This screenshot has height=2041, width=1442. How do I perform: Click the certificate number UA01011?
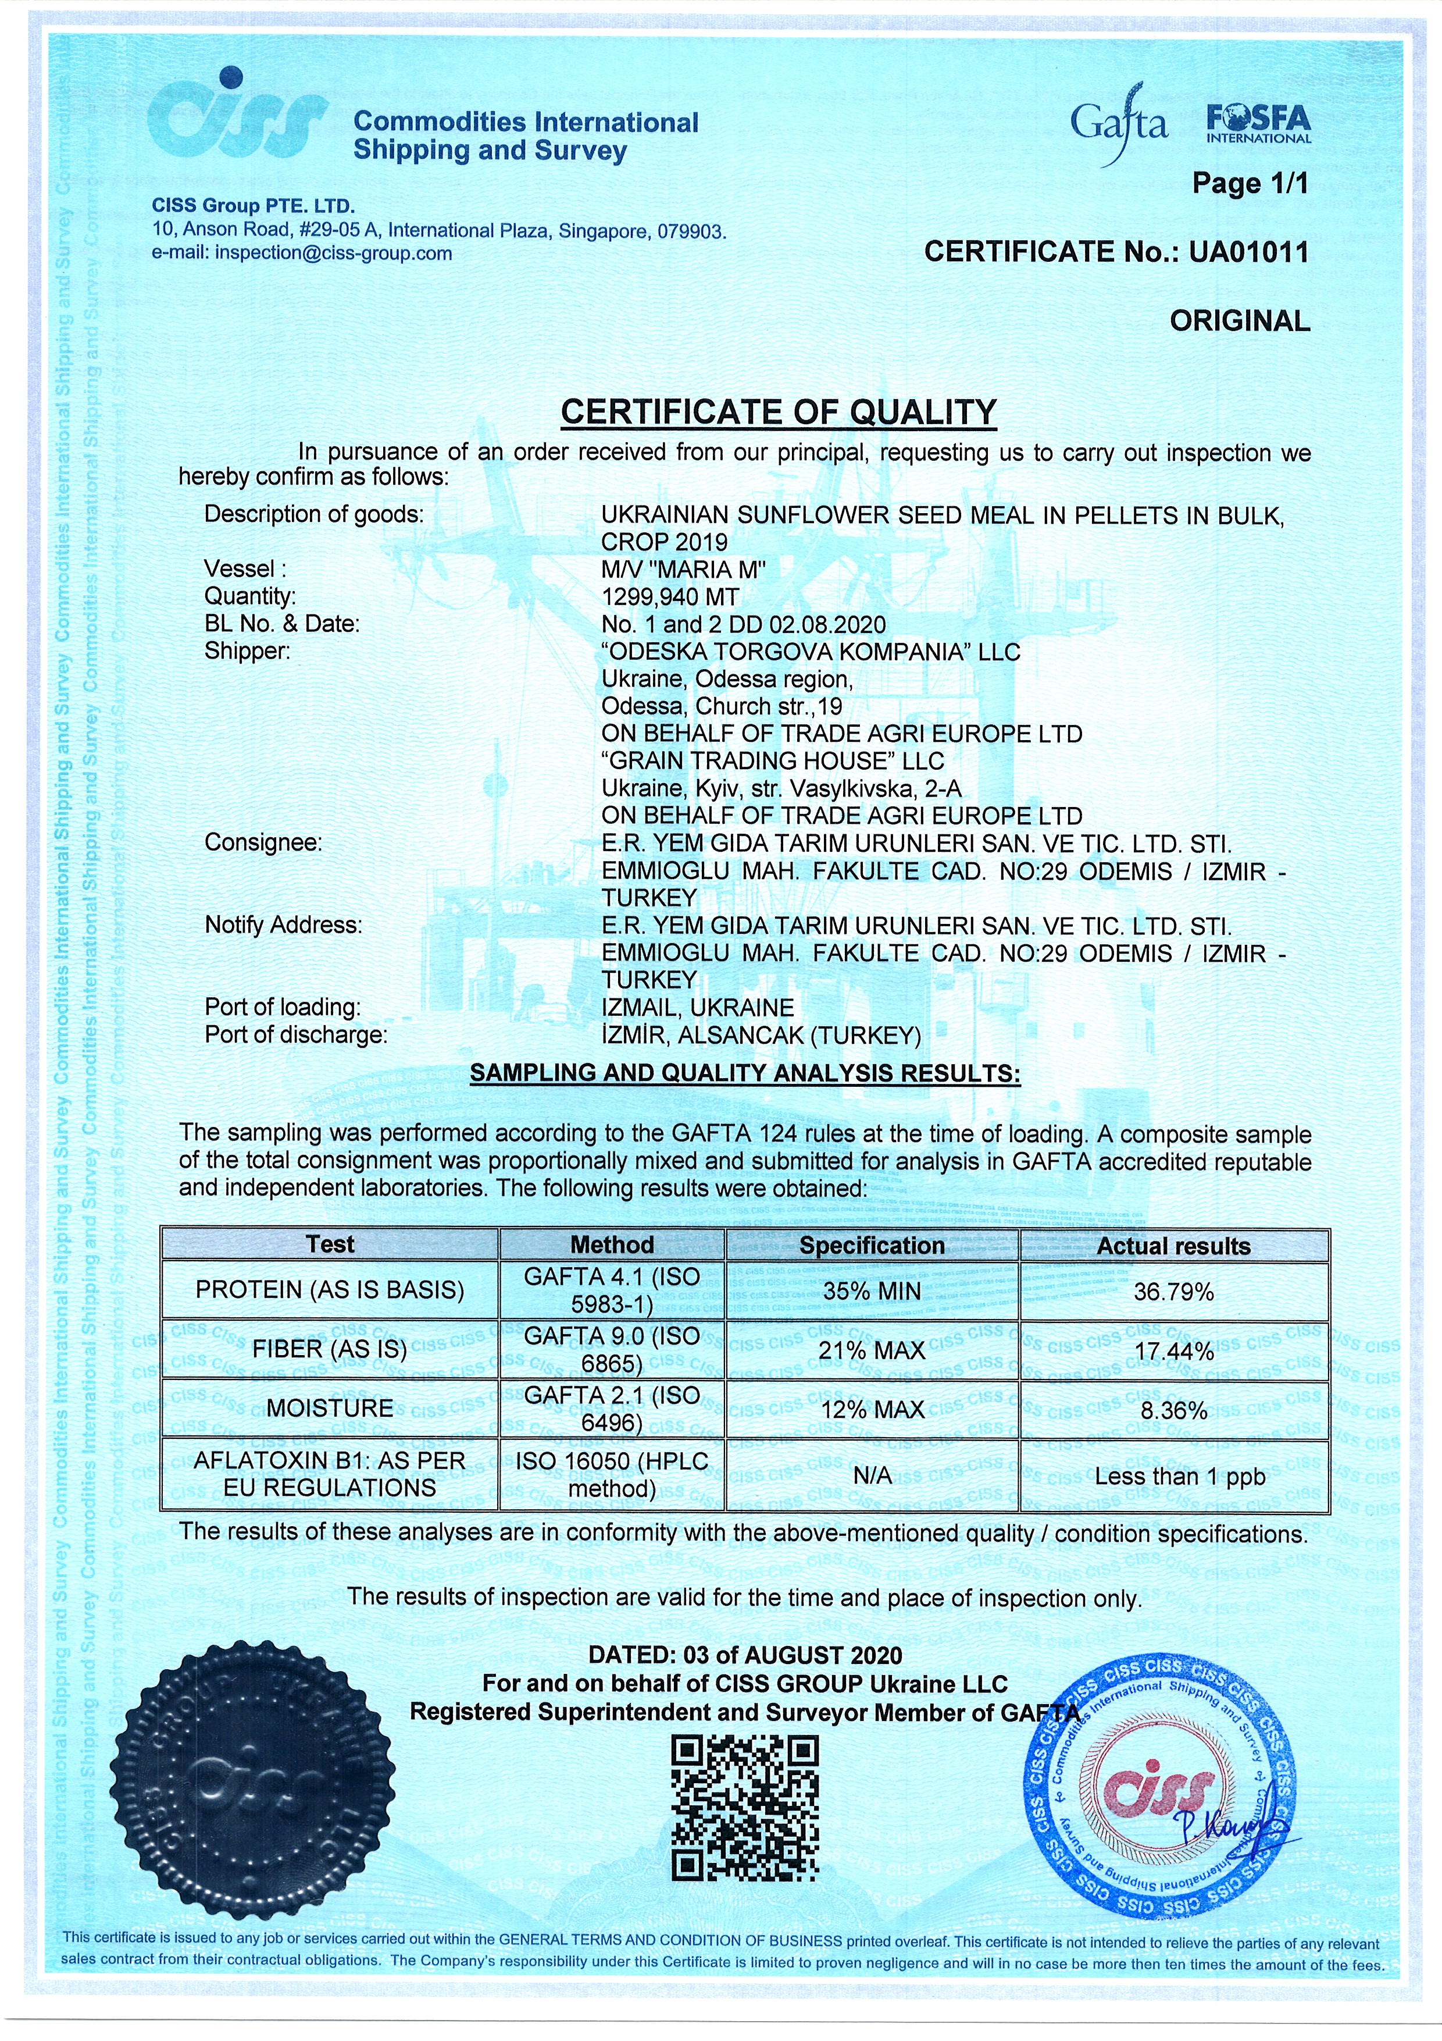tap(1248, 253)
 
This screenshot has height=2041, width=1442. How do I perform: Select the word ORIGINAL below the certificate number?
tap(1240, 321)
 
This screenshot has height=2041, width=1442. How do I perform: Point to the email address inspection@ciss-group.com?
tap(333, 253)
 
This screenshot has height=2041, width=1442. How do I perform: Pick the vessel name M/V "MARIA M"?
tap(683, 569)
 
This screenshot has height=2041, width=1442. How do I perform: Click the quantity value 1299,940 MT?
tap(670, 596)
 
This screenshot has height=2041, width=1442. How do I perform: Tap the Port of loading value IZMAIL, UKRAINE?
tap(698, 1008)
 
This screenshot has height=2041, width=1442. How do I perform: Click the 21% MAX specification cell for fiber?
tap(873, 1351)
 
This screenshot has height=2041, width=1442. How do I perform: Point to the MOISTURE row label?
tap(330, 1408)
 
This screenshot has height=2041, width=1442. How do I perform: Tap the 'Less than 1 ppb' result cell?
tap(1179, 1477)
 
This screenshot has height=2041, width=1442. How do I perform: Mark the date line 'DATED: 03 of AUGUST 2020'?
tap(744, 1655)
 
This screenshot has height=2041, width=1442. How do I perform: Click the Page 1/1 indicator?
tap(1249, 184)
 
